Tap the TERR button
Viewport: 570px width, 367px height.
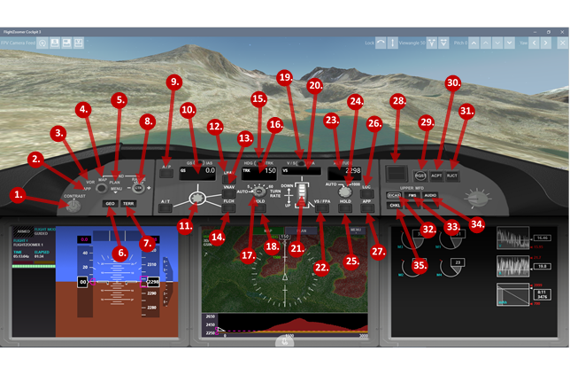129,204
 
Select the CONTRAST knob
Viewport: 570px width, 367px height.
73,206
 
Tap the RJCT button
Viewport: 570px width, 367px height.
453,176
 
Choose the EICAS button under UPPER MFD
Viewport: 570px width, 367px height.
395,195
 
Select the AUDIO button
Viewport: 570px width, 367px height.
430,195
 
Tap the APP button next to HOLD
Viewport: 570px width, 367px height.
367,202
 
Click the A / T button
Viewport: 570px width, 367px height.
166,202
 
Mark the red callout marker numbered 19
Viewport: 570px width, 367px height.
284,78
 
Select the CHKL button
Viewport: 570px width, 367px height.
395,206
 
